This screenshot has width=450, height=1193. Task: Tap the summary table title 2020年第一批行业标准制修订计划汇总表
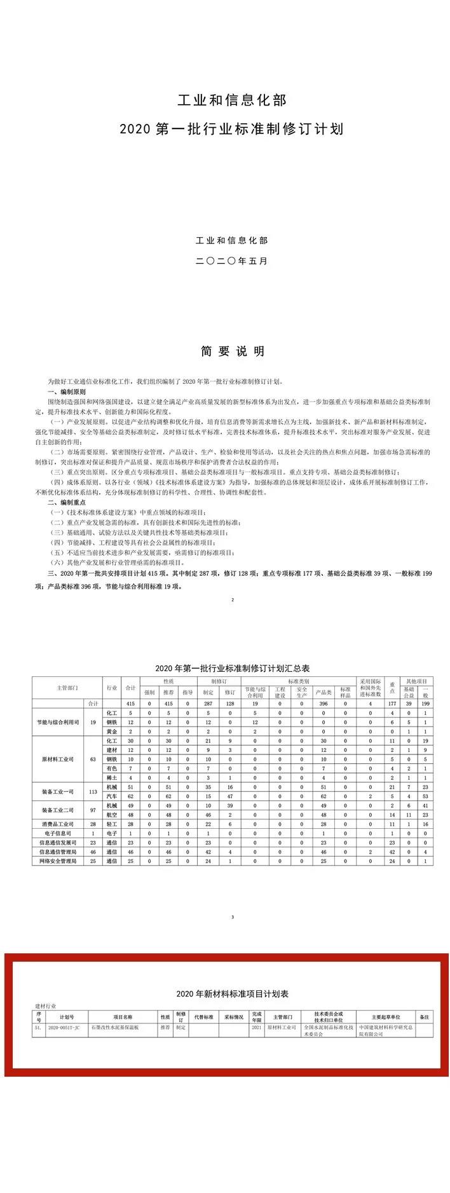[232, 668]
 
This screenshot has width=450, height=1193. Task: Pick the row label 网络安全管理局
[57, 861]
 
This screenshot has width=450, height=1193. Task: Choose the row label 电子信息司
[57, 833]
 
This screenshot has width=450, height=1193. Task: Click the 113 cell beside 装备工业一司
[93, 791]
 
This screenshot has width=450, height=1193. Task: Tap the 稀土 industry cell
[111, 777]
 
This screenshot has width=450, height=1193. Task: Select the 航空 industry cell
[111, 814]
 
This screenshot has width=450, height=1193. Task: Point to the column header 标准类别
[297, 680]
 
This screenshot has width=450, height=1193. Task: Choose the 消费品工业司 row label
[57, 824]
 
